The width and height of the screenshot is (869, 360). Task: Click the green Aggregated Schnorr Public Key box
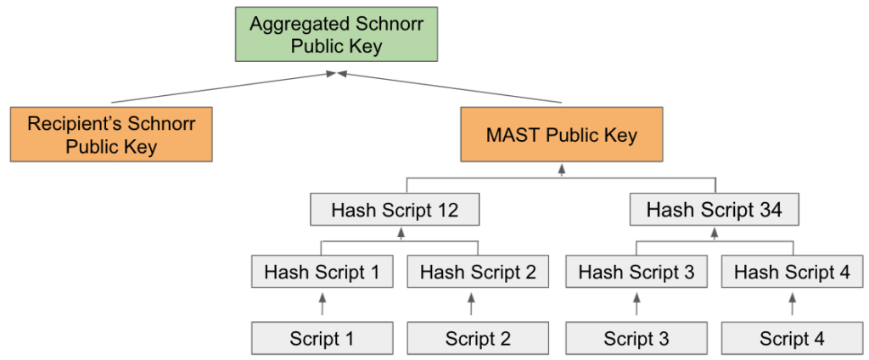(x=336, y=34)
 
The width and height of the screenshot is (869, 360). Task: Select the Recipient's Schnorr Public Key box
(x=111, y=134)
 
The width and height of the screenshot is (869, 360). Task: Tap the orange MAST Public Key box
(x=562, y=134)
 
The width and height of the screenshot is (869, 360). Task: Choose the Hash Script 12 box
(x=395, y=209)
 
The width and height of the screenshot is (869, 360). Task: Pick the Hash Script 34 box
(x=715, y=209)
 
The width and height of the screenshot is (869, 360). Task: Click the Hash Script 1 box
(x=322, y=271)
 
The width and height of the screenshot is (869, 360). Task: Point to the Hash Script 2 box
(x=478, y=271)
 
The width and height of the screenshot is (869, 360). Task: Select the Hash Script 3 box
(x=636, y=271)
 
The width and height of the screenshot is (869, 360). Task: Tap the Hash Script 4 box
(x=792, y=271)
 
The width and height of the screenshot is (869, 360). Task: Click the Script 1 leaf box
(x=322, y=338)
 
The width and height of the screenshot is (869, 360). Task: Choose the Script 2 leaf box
(x=478, y=338)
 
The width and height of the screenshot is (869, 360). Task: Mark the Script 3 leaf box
(x=636, y=338)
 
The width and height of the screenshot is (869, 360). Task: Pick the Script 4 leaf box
(x=792, y=338)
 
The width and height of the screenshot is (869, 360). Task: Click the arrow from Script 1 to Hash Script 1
(x=322, y=305)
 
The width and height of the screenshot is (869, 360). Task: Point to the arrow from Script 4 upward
(x=792, y=305)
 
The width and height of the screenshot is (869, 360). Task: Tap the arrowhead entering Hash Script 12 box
(x=401, y=232)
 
